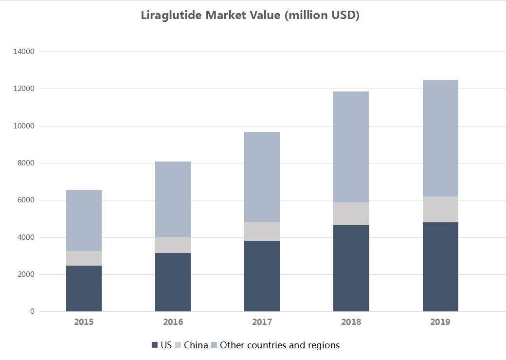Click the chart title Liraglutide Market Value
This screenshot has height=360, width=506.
(x=250, y=15)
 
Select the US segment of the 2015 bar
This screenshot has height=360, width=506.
(x=84, y=288)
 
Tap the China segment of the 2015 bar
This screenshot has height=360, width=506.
(x=84, y=258)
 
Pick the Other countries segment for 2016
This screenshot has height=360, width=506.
(x=173, y=199)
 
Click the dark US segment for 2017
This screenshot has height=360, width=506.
(x=262, y=276)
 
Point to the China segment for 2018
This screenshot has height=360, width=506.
(x=351, y=214)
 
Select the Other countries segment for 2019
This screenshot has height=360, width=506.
(x=440, y=138)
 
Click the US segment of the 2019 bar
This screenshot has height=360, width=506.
(x=440, y=267)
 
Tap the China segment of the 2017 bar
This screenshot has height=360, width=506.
(x=262, y=231)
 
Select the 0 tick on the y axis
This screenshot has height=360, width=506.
(x=32, y=311)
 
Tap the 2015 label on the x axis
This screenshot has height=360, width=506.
(x=84, y=322)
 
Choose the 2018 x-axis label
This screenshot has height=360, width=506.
(x=351, y=322)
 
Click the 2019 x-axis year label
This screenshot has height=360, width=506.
(x=440, y=322)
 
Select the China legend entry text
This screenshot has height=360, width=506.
(x=196, y=345)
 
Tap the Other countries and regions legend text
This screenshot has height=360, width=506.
(x=280, y=345)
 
